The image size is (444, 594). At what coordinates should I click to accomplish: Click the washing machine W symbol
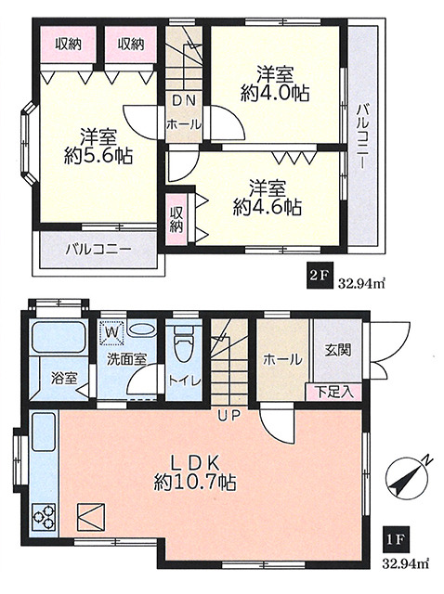111,332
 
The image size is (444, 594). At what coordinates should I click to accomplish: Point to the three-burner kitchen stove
45,517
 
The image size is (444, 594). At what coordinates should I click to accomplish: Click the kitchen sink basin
45,433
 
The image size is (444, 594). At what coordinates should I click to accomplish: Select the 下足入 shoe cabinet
333,393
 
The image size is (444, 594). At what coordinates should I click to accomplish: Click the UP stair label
229,417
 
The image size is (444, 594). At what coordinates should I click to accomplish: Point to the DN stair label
184,101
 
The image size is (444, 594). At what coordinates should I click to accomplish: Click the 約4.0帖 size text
275,93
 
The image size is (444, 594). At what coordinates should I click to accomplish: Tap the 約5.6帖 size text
98,155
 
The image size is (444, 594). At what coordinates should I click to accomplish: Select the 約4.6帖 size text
268,207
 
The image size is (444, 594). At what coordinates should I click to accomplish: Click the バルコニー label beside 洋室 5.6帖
98,250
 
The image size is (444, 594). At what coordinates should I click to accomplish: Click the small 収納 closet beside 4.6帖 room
176,219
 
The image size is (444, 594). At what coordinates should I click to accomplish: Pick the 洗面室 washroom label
126,359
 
